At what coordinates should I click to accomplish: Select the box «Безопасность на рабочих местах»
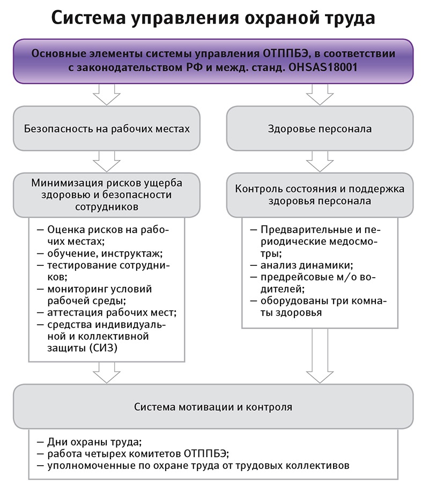107,129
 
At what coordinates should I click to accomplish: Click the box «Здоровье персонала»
320,129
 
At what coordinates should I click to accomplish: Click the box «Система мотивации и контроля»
213,407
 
